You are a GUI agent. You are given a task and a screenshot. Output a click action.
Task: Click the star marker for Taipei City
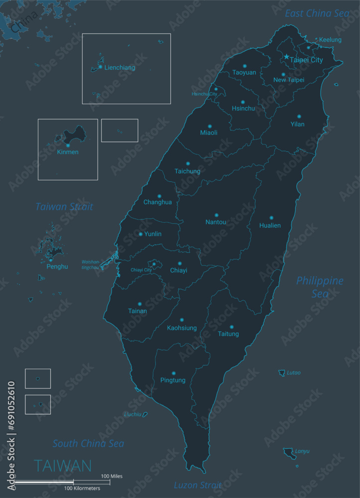pyautogui.click(x=286, y=58)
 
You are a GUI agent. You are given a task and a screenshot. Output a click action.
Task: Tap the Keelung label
pyautogui.click(x=330, y=40)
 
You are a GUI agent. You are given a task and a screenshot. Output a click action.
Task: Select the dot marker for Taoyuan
pyautogui.click(x=244, y=66)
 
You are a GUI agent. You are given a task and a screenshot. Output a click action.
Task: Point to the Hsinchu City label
pyautogui.click(x=204, y=94)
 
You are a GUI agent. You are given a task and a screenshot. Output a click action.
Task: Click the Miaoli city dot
pyautogui.click(x=210, y=126)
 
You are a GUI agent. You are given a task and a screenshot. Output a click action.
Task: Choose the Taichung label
pyautogui.click(x=187, y=171)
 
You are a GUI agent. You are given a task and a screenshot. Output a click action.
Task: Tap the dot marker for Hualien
pyautogui.click(x=271, y=218)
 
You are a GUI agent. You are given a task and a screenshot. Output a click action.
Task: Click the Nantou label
pyautogui.click(x=216, y=222)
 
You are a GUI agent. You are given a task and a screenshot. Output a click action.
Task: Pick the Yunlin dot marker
pyautogui.click(x=140, y=234)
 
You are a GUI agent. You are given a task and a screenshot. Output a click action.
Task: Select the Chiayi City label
pyautogui.click(x=141, y=270)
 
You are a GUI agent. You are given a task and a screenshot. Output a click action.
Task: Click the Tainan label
pyautogui.click(x=137, y=311)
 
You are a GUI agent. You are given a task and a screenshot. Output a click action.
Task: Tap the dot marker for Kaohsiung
pyautogui.click(x=182, y=320)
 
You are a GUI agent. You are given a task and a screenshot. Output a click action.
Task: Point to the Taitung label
pyautogui.click(x=229, y=334)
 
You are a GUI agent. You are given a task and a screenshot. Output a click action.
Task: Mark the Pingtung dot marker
pyautogui.click(x=173, y=373)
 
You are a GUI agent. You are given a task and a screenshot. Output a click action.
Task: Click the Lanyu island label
pyautogui.click(x=302, y=452)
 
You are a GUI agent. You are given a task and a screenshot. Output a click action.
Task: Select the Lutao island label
pyautogui.click(x=293, y=373)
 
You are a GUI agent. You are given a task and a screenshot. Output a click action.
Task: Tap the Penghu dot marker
pyautogui.click(x=50, y=260)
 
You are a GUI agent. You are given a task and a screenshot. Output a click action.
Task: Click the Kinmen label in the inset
pyautogui.click(x=68, y=152)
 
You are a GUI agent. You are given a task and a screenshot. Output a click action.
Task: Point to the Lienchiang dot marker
pyautogui.click(x=100, y=67)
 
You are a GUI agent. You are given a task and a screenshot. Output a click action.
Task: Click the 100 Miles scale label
pyautogui.click(x=112, y=476)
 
